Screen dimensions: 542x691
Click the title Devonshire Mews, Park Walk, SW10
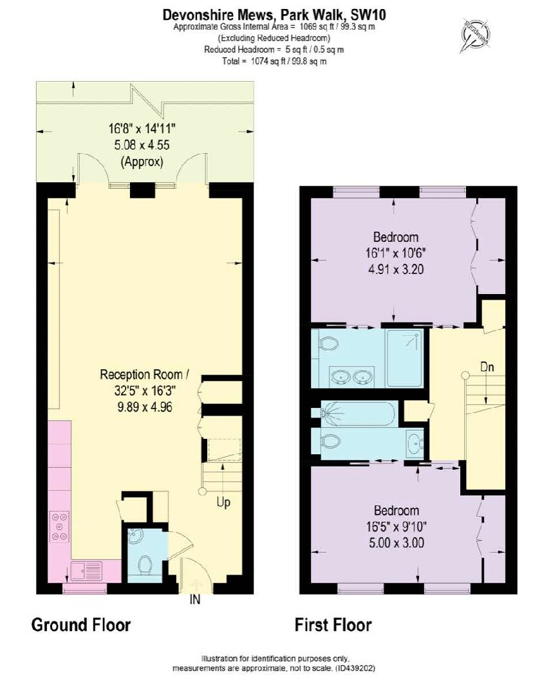tap(274, 15)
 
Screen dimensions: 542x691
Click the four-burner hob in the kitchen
tap(59, 526)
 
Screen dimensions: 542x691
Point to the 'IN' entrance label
tap(195, 600)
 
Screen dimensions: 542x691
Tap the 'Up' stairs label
tap(223, 503)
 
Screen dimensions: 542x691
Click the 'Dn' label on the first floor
tap(487, 367)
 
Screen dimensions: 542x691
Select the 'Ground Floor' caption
tap(81, 625)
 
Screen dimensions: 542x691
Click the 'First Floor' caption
tap(333, 625)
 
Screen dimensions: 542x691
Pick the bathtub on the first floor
tap(360, 413)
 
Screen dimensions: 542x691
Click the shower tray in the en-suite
tap(404, 358)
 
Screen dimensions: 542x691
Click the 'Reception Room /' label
tap(145, 374)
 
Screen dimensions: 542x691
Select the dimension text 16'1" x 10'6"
tap(396, 253)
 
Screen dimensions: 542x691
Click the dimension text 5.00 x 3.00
tap(397, 542)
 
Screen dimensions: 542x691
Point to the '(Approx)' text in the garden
tap(142, 161)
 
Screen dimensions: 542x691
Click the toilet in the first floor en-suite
tap(328, 344)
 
